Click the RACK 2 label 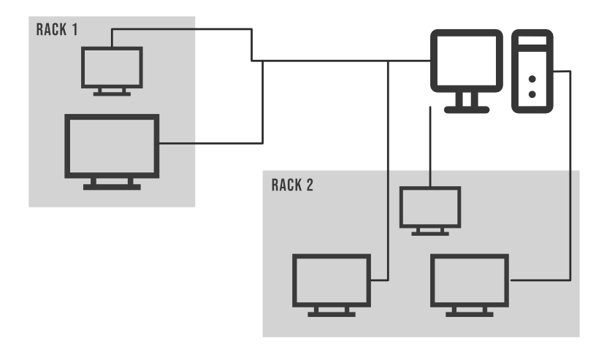292,184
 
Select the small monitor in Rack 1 111,67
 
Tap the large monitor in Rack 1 112,146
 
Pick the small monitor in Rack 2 431,206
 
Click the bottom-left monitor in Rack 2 331,279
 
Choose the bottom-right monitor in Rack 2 469,279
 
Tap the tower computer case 532,71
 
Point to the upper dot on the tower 532,77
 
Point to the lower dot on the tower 532,93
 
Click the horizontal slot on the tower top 532,45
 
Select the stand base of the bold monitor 466,109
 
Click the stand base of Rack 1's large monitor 112,187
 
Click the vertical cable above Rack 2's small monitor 431,146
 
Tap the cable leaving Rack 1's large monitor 212,143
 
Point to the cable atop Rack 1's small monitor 183,29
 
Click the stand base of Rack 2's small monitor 431,233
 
